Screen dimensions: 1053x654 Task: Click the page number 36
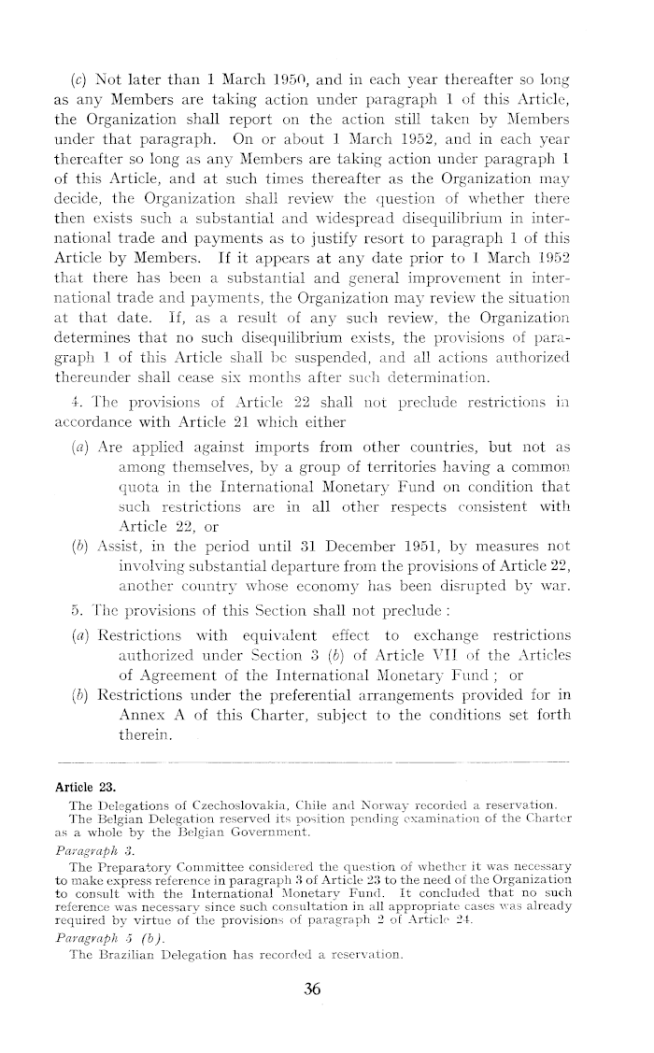(x=312, y=989)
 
